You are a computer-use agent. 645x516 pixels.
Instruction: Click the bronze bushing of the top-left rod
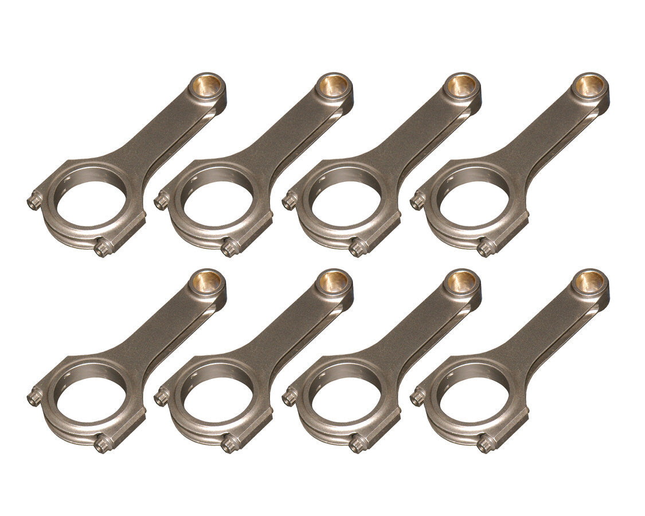(x=207, y=86)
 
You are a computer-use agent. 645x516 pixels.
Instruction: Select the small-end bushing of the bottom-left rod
(x=207, y=282)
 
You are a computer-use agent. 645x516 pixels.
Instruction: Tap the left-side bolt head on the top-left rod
(x=34, y=201)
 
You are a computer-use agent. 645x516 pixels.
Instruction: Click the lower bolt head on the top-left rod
(x=103, y=248)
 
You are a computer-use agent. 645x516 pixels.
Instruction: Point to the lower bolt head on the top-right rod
(x=486, y=248)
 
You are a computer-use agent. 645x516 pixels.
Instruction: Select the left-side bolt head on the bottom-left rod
(x=34, y=397)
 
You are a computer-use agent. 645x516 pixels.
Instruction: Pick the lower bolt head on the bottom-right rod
(x=486, y=444)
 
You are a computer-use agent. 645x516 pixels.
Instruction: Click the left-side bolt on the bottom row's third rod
(x=290, y=397)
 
